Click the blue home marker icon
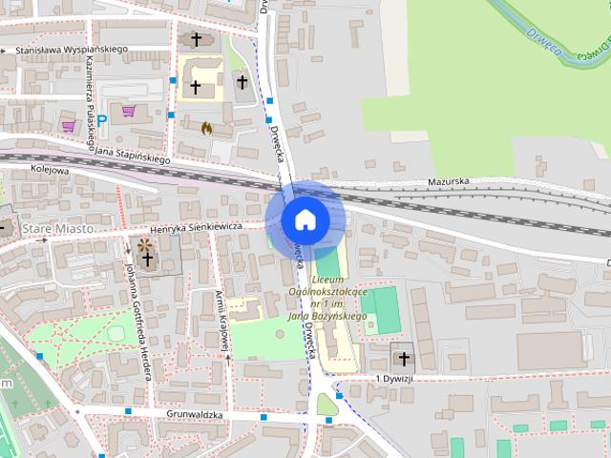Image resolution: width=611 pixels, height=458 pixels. coord(305,219)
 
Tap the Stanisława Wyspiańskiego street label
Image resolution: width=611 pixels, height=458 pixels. coord(64,49)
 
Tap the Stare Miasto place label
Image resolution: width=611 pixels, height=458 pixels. coord(58,229)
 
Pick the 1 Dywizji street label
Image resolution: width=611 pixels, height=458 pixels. coord(392,379)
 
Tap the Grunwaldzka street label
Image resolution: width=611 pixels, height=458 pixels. coord(194,416)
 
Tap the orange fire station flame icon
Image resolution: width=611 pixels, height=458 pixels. coord(206,127)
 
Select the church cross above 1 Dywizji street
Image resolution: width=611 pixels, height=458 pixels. coord(403,359)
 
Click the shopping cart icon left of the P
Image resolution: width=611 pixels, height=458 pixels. coord(68,125)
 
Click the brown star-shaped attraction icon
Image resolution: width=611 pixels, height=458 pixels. coord(146,247)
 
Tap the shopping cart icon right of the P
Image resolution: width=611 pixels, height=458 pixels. coord(128,111)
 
